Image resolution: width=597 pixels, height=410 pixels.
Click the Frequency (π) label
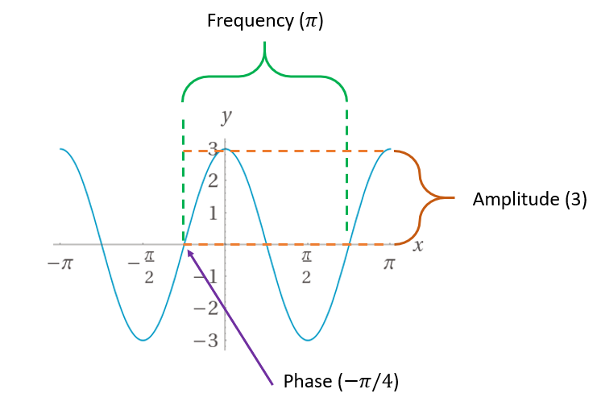(x=265, y=20)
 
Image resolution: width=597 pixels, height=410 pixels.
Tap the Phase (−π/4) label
(x=342, y=380)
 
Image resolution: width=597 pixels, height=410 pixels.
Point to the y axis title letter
(x=226, y=117)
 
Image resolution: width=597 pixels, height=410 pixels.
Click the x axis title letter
(x=418, y=245)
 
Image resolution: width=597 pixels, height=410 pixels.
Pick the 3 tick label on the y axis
(x=213, y=148)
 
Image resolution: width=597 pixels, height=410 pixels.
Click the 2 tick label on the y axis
(x=213, y=180)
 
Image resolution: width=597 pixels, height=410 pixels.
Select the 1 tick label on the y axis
(x=213, y=213)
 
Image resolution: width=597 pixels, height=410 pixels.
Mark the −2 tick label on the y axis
(x=208, y=309)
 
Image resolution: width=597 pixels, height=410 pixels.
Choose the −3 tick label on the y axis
(x=208, y=340)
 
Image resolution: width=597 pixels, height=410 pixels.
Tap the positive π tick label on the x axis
(x=390, y=263)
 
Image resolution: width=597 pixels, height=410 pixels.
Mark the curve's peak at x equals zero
(x=226, y=149)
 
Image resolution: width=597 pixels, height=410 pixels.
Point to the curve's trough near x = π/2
(x=307, y=340)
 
